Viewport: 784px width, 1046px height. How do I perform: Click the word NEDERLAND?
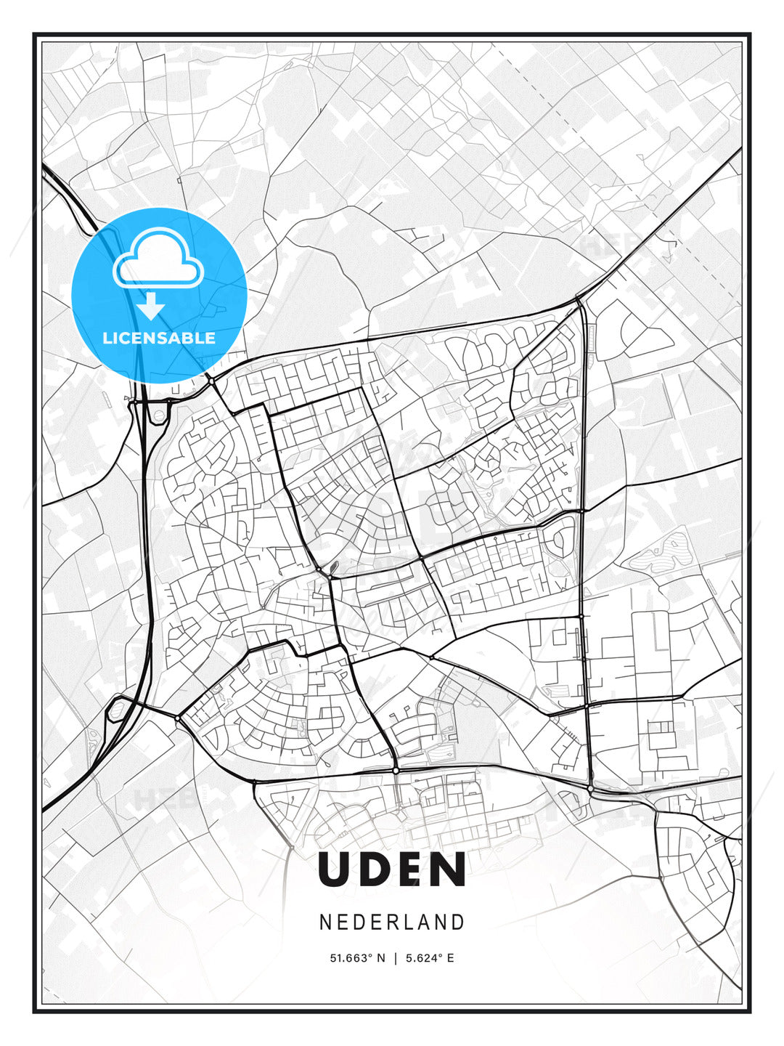(392, 922)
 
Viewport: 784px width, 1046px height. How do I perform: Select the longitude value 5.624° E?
(430, 958)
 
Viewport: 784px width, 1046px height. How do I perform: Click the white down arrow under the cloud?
(151, 307)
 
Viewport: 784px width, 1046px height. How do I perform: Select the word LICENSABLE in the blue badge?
(159, 338)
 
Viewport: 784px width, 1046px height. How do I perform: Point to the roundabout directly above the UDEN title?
(396, 769)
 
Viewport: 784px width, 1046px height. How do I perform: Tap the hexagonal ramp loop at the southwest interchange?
(115, 709)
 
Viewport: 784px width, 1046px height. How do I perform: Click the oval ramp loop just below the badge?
(158, 413)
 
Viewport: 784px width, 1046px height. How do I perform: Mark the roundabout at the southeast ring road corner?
(591, 788)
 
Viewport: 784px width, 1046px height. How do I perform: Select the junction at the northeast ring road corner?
(579, 300)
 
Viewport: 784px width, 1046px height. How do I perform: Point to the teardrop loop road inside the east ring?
(558, 540)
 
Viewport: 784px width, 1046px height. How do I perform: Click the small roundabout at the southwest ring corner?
(178, 718)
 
